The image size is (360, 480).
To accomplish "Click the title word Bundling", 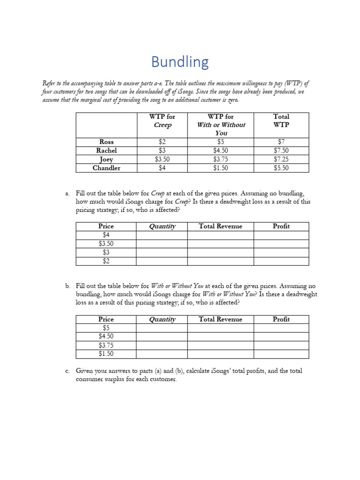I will pyautogui.click(x=180, y=62).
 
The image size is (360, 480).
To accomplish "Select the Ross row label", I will pyautogui.click(x=106, y=142).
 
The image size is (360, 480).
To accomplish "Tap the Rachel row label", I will pyautogui.click(x=106, y=150).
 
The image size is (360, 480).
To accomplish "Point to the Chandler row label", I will pyautogui.click(x=106, y=168).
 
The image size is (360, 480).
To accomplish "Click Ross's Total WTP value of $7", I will pyautogui.click(x=281, y=142).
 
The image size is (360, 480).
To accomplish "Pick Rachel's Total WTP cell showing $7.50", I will pyautogui.click(x=281, y=150).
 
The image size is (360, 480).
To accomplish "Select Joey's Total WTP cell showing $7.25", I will pyautogui.click(x=281, y=159).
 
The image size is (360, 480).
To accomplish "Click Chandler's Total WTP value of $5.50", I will pyautogui.click(x=281, y=168).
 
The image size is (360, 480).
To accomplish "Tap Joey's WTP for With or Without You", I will pyautogui.click(x=220, y=159).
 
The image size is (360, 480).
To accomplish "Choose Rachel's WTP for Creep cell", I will pyautogui.click(x=162, y=150).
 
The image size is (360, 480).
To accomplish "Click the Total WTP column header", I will pyautogui.click(x=281, y=120).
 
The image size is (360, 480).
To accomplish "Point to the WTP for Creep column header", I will pyautogui.click(x=162, y=120).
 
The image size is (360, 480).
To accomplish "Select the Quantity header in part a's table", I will pyautogui.click(x=162, y=226).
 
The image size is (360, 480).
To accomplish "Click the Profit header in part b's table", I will pyautogui.click(x=281, y=319).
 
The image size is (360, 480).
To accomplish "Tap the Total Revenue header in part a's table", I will pyautogui.click(x=220, y=226).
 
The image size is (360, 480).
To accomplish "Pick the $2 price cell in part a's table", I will pyautogui.click(x=106, y=261).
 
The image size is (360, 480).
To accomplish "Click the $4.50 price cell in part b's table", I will pyautogui.click(x=106, y=337).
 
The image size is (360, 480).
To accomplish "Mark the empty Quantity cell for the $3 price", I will pyautogui.click(x=162, y=252).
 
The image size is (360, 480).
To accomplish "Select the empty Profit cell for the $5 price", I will pyautogui.click(x=281, y=328).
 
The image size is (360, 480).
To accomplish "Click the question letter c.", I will pyautogui.click(x=67, y=371).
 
